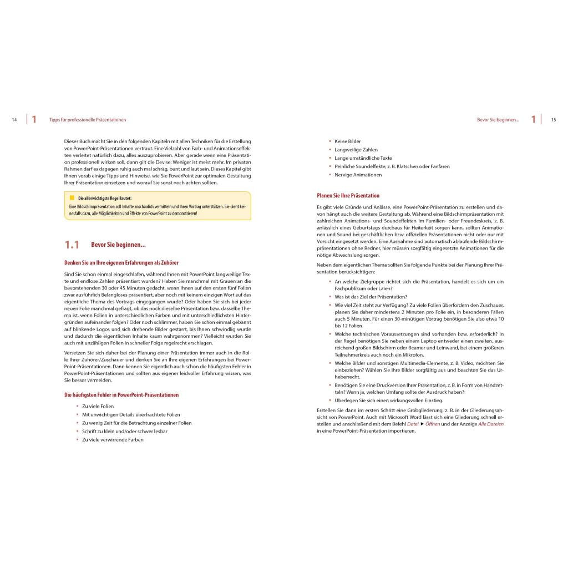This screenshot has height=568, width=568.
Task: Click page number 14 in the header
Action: (14, 120)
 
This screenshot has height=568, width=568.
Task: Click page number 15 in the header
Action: (553, 120)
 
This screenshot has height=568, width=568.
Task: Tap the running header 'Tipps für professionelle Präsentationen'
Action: (88, 120)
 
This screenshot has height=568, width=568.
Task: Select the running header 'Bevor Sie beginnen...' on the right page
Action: (498, 120)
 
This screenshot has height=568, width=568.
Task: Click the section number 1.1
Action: (72, 245)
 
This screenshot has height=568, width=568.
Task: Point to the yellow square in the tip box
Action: (72, 198)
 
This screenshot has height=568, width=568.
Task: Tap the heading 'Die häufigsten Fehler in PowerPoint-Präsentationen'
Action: (121, 395)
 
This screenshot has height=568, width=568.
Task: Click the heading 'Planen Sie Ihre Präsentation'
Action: (348, 195)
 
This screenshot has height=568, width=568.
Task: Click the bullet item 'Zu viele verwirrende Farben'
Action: (113, 440)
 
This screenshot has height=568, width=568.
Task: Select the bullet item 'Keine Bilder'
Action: (348, 141)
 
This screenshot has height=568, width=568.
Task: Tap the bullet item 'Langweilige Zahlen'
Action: (356, 150)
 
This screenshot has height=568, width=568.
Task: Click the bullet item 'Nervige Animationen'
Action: (358, 175)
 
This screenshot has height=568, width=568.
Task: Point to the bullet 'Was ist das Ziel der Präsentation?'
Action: (371, 297)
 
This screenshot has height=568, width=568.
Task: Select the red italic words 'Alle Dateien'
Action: (491, 424)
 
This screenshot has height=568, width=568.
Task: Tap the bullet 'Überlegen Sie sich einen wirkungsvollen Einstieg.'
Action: (389, 400)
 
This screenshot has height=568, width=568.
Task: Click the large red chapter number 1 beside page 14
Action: (34, 119)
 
